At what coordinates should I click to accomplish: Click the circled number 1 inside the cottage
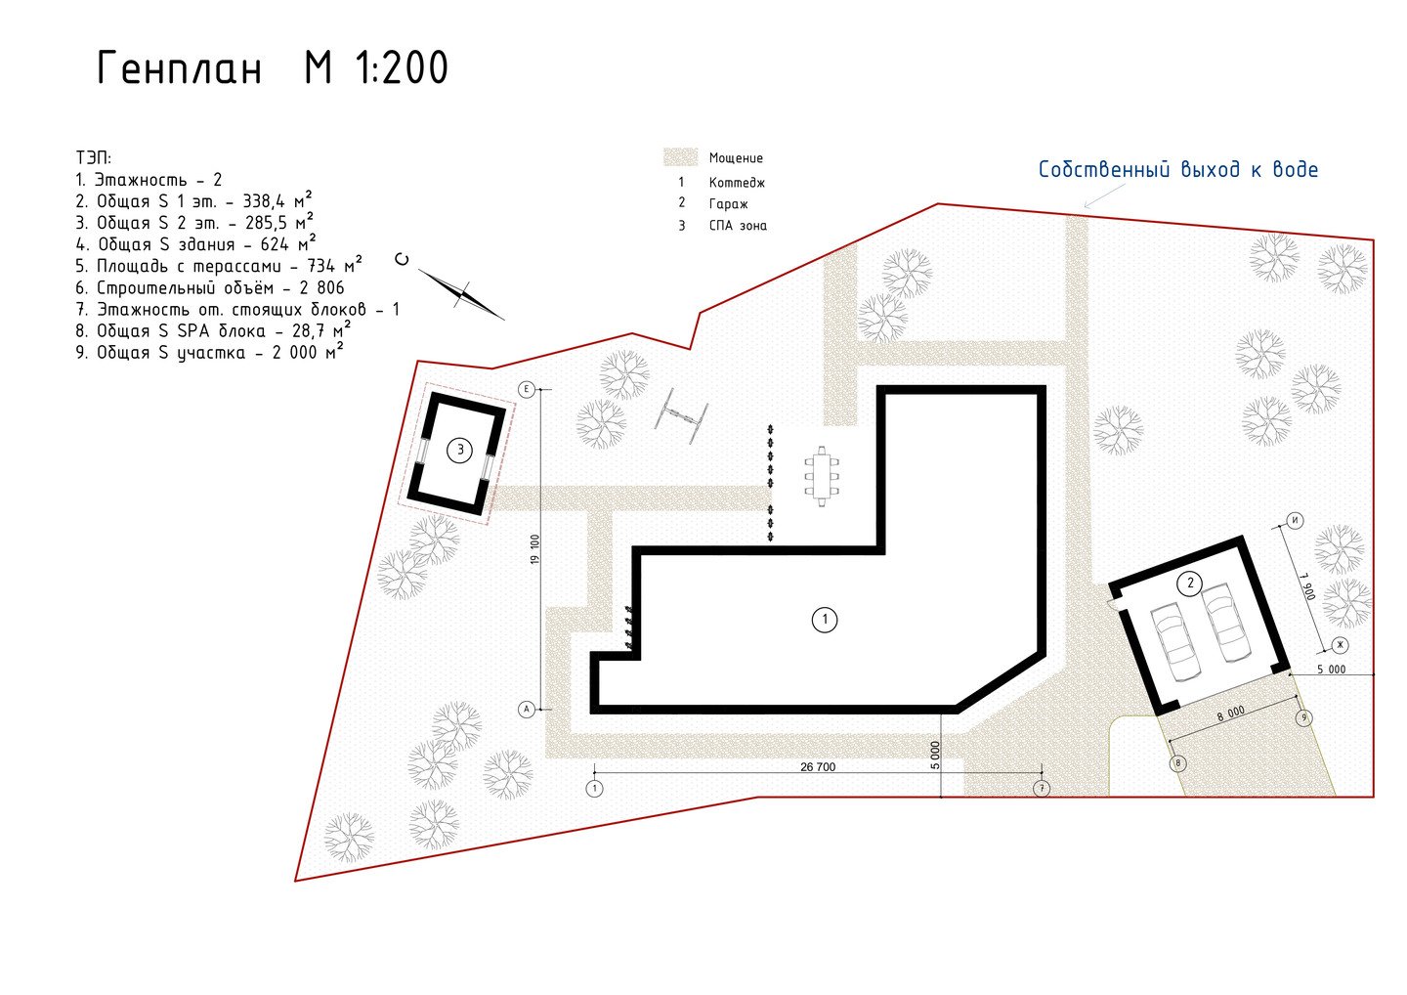824,620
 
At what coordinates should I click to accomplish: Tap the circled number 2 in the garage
1190,584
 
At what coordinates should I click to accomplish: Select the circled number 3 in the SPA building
460,450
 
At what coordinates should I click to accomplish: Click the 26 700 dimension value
818,767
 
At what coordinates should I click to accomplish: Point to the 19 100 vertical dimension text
535,549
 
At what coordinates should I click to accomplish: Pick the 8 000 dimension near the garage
1230,714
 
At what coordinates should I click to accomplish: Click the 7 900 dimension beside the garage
1305,585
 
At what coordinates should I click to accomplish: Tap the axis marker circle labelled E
526,389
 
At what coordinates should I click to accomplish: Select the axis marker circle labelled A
526,710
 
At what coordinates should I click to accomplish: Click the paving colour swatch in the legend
680,157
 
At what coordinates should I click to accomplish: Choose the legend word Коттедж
737,183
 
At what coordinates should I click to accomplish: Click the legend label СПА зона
738,226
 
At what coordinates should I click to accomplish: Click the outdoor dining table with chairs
822,476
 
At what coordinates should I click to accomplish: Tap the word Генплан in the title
179,67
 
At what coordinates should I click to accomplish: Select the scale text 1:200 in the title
402,67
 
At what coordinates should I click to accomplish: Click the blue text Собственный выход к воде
1177,170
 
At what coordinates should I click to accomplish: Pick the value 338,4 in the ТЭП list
264,201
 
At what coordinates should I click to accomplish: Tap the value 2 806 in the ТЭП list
322,287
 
